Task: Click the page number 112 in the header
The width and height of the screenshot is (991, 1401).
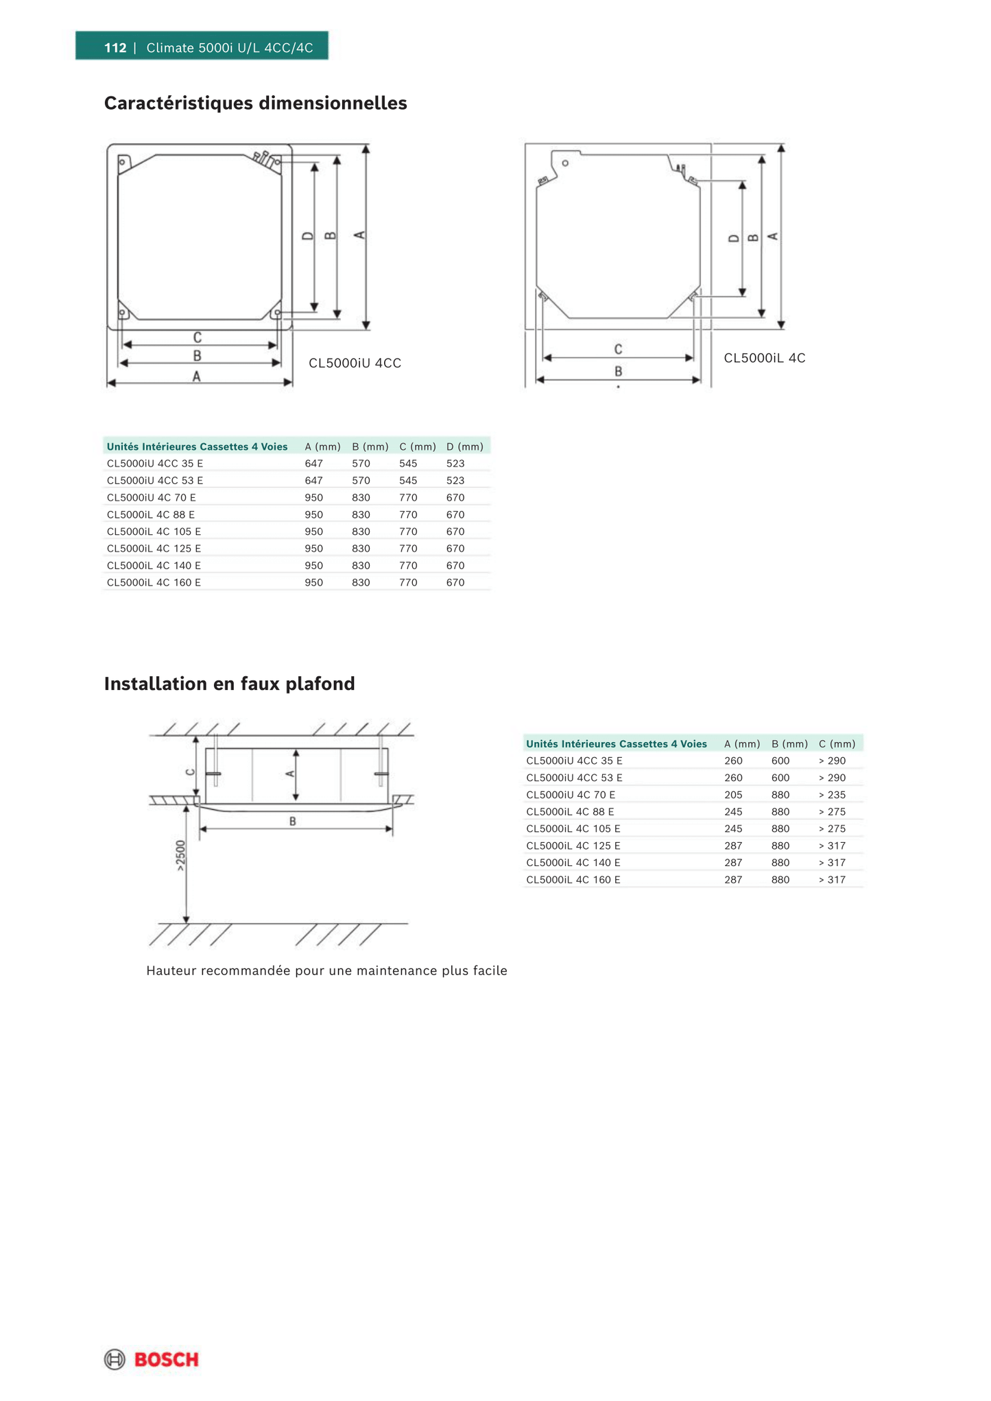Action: [115, 47]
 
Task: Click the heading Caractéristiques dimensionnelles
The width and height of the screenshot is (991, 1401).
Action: [255, 104]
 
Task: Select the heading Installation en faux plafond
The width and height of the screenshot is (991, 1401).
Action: [229, 684]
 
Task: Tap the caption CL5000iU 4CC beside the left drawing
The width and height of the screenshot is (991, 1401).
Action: [355, 363]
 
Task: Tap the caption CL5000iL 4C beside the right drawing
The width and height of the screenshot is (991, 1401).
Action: [765, 358]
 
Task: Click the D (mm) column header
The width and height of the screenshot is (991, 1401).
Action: [464, 446]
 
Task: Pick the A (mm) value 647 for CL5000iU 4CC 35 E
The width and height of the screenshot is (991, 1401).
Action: [313, 464]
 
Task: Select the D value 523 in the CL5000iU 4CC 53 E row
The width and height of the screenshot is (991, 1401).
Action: [455, 481]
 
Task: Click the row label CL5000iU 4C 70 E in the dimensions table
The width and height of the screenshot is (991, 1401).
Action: [151, 498]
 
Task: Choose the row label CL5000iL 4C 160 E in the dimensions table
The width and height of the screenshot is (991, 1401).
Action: [154, 582]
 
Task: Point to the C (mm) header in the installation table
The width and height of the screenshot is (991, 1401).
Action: [837, 743]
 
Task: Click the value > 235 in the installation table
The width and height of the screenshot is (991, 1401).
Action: [832, 795]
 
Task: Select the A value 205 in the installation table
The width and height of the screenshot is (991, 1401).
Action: [733, 795]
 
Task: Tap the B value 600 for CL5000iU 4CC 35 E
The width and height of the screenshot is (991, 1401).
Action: [780, 761]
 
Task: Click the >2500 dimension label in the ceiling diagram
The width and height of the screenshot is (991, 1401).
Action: [180, 856]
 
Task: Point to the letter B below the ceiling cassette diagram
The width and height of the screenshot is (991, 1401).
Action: [293, 822]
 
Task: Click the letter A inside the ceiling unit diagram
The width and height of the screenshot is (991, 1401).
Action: [290, 774]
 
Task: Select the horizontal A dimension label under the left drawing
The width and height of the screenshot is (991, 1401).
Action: [197, 376]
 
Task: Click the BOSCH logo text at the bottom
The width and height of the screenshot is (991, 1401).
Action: [166, 1359]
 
